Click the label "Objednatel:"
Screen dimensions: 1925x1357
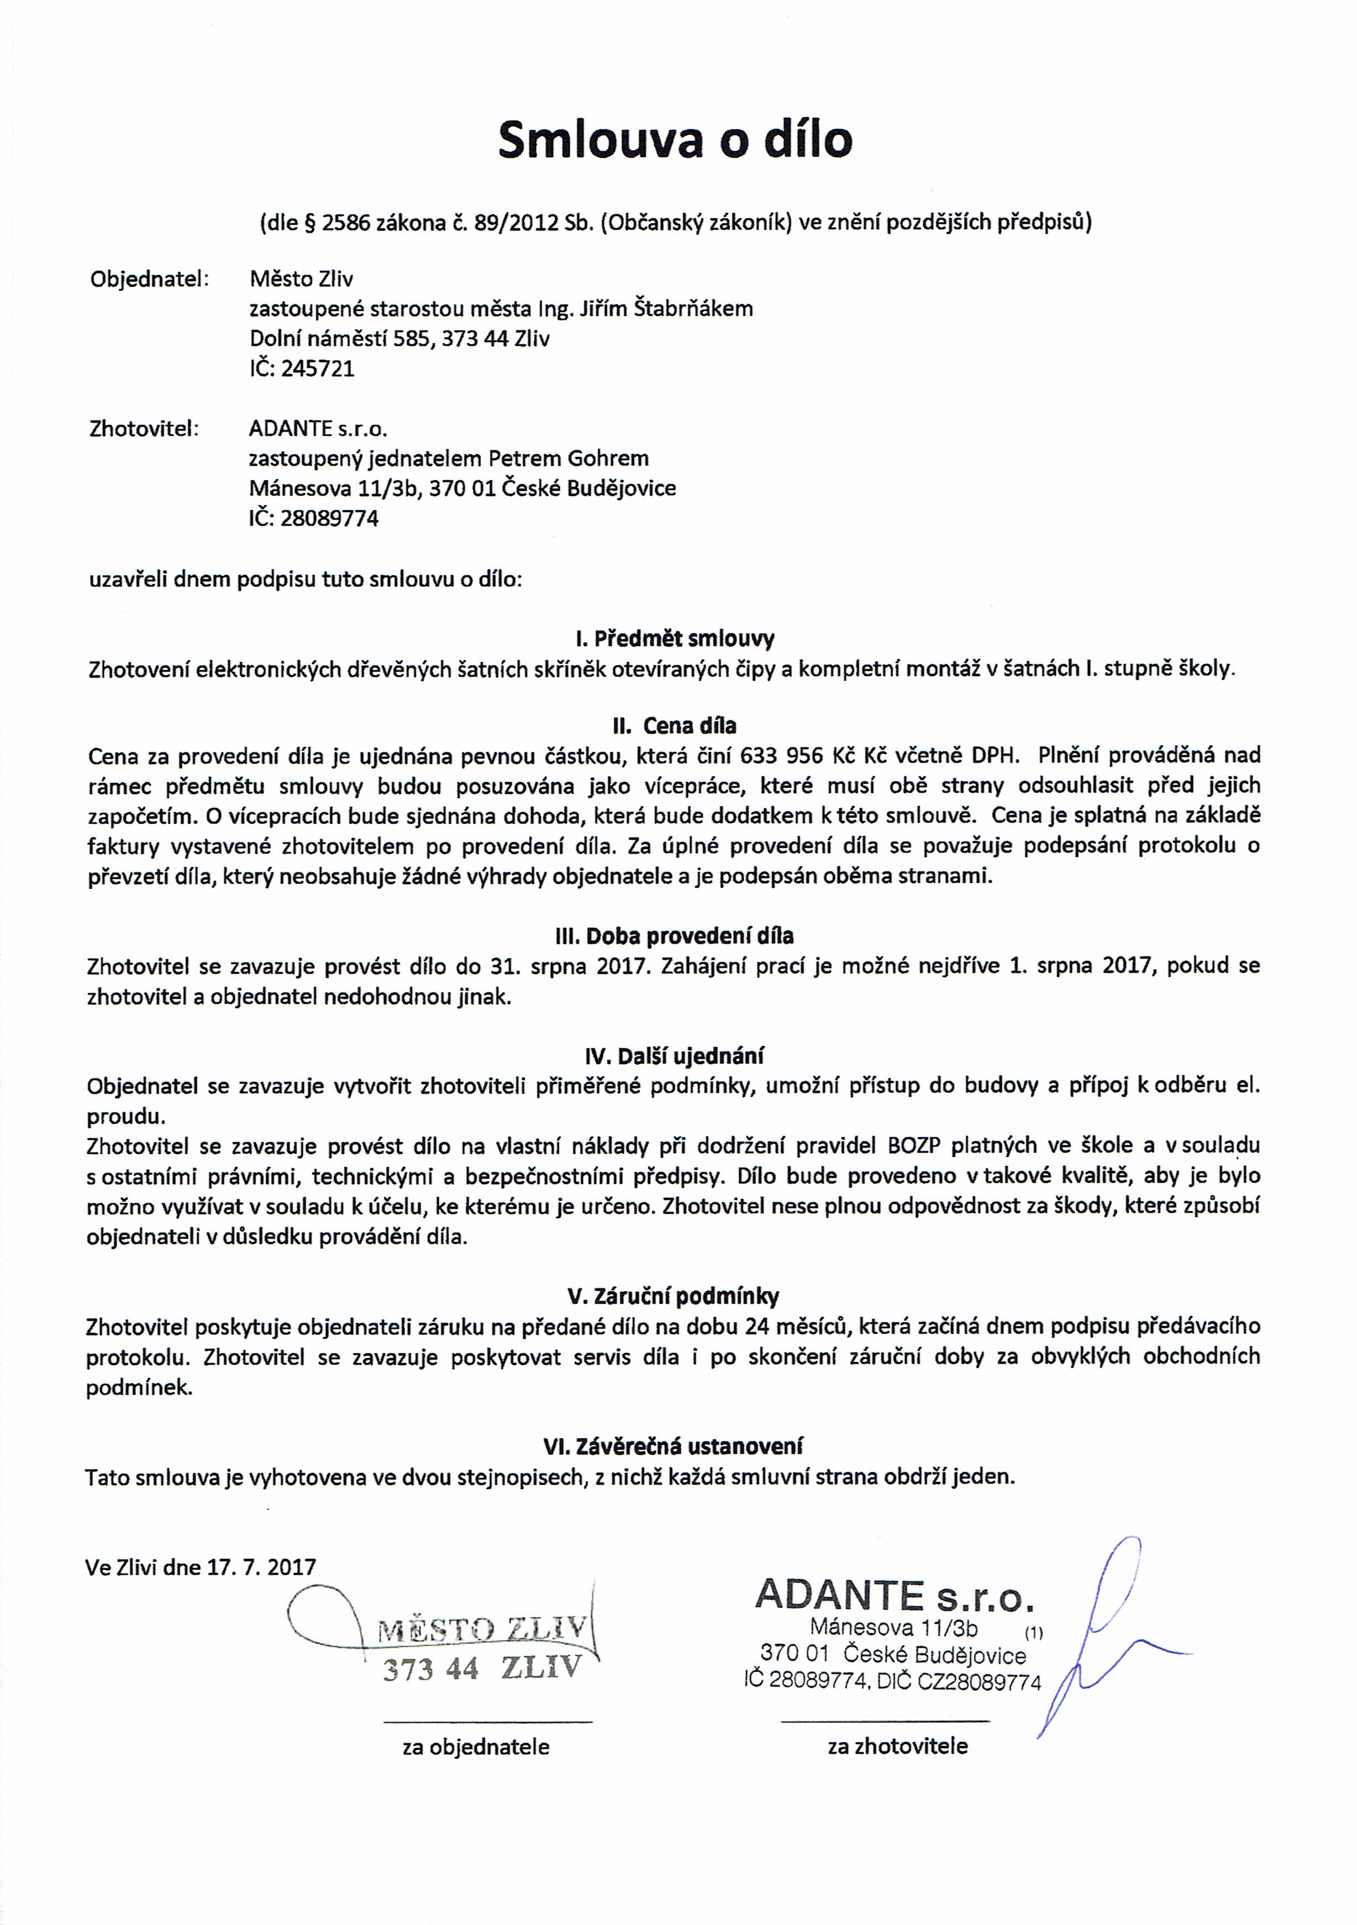(149, 279)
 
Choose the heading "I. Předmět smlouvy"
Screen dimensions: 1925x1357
(675, 639)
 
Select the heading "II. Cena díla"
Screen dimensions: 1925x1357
(675, 725)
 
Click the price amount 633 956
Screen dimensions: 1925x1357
(782, 755)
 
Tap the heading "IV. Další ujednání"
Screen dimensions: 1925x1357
(675, 1055)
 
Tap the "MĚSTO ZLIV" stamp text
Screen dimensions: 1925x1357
(481, 1630)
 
